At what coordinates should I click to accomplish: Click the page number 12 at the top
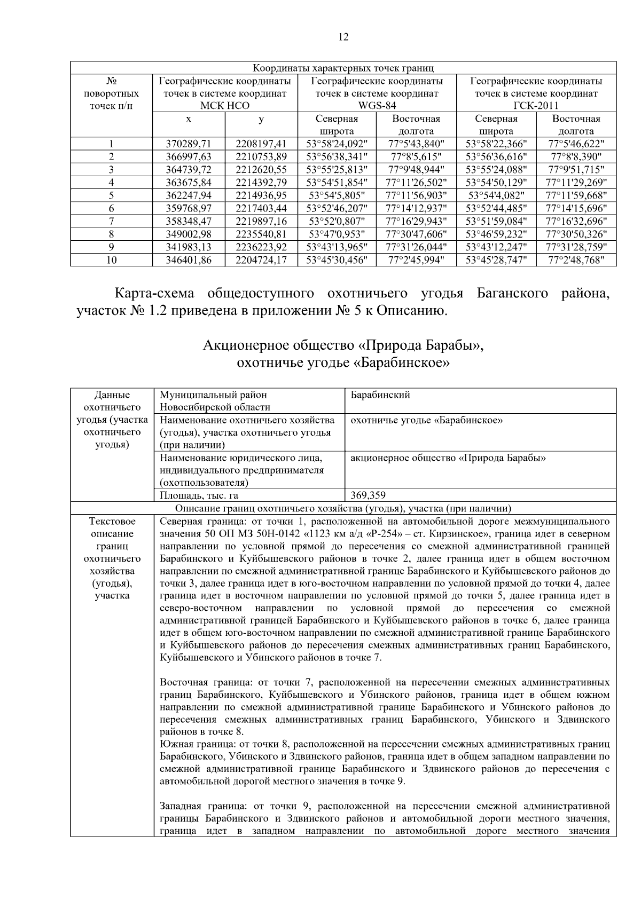point(343,37)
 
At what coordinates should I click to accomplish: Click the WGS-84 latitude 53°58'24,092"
point(337,144)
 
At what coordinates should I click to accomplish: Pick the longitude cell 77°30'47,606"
point(416,234)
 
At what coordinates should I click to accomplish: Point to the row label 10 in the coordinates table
point(111,260)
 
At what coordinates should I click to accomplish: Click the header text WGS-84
point(377,106)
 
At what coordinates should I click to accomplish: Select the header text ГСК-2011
point(536,106)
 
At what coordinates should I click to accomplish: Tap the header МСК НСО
point(224,106)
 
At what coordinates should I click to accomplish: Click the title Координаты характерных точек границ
point(343,68)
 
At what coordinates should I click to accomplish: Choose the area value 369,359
point(368,495)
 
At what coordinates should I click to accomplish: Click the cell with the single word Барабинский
point(380,395)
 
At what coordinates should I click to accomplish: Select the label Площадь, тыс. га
point(199,495)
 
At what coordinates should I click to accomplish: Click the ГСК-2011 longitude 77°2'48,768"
point(576,260)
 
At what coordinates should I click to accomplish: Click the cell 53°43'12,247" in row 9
point(496,247)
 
